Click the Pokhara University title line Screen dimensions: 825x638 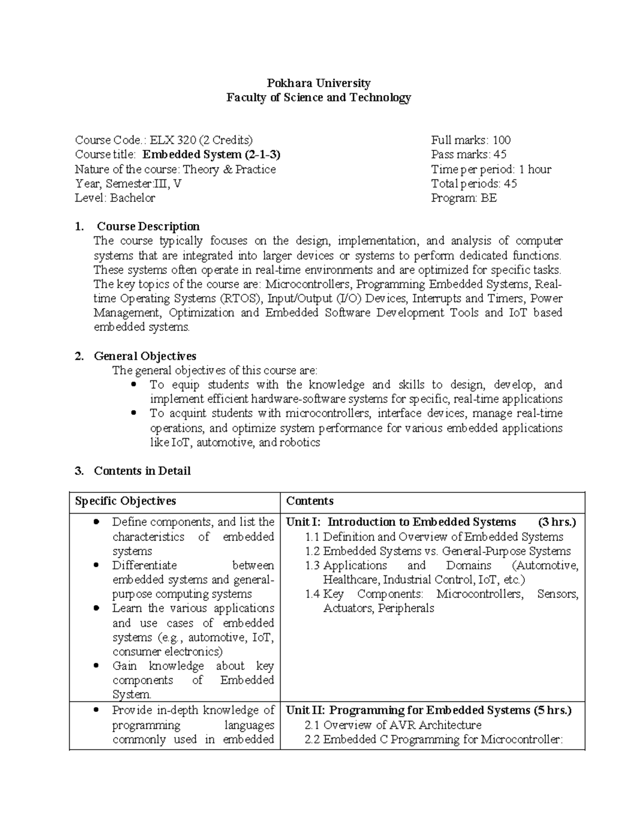pyautogui.click(x=318, y=83)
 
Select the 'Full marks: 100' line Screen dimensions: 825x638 pyautogui.click(x=471, y=140)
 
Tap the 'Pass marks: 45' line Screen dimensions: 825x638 pyautogui.click(x=468, y=155)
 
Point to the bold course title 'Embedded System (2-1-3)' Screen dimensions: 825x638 pyautogui.click(x=212, y=155)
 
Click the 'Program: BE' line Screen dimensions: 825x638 pyautogui.click(x=464, y=198)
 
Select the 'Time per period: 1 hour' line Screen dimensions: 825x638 pyautogui.click(x=491, y=169)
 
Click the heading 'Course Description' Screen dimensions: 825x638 pyautogui.click(x=148, y=227)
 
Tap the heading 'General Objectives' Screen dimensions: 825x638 pyautogui.click(x=145, y=356)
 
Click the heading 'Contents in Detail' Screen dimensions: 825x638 pyautogui.click(x=142, y=471)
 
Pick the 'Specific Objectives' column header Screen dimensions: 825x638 pyautogui.click(x=125, y=501)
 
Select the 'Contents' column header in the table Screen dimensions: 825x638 pyautogui.click(x=310, y=501)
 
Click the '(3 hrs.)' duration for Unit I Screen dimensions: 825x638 pyautogui.click(x=557, y=522)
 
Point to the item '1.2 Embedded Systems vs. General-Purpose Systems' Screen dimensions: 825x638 pyautogui.click(x=438, y=551)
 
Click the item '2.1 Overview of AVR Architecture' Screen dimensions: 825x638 pyautogui.click(x=393, y=725)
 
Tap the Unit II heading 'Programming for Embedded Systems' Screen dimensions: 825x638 pyautogui.click(x=430, y=710)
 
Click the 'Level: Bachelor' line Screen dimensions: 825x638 pyautogui.click(x=115, y=198)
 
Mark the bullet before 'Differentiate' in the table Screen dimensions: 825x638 pyautogui.click(x=96, y=565)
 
